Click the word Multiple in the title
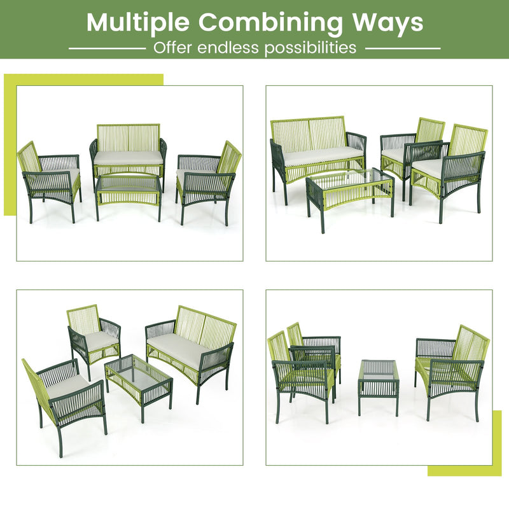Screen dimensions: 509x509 coord(139,22)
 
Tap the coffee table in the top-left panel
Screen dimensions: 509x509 coord(128,191)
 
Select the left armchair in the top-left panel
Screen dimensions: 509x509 coord(51,178)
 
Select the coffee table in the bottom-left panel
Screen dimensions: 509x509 coord(139,379)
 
